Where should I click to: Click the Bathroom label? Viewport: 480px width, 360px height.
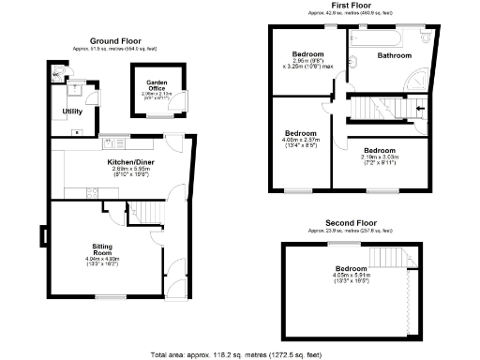coord(395,55)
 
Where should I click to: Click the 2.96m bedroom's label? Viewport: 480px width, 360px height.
coord(307,54)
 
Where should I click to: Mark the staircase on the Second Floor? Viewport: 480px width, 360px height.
coord(386,255)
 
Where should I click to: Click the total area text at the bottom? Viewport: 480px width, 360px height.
coord(236,354)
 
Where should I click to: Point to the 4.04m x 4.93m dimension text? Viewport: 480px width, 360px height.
coord(103,262)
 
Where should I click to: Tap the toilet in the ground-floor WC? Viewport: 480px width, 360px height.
coord(59,72)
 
